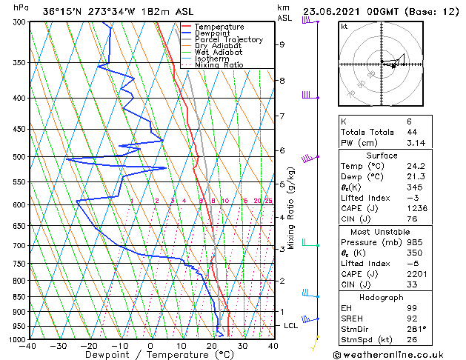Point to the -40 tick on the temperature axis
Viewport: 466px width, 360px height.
(x=28, y=346)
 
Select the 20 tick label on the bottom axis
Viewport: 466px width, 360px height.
(x=211, y=346)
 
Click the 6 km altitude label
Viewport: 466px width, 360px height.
(x=282, y=150)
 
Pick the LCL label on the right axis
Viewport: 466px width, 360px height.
(x=291, y=325)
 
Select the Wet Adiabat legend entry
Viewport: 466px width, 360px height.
(x=219, y=53)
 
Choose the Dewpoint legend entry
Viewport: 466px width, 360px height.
(x=212, y=33)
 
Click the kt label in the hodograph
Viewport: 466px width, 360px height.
(x=344, y=26)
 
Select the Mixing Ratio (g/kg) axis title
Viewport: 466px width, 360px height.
(x=291, y=208)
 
